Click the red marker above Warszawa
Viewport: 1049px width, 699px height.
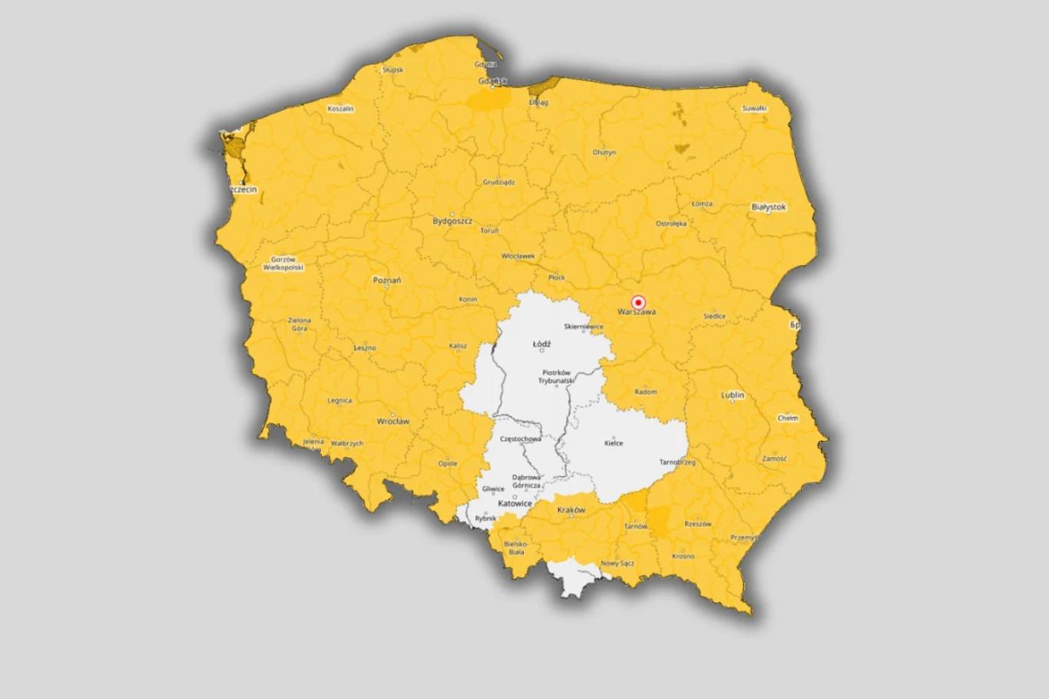(x=637, y=303)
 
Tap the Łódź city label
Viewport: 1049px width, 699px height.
(x=541, y=344)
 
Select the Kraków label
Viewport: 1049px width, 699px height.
(x=571, y=510)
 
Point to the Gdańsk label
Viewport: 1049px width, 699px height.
(x=492, y=81)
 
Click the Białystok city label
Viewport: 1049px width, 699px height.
(x=768, y=207)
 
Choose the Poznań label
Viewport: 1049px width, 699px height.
(x=387, y=280)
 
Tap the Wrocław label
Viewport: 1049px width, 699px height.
(x=392, y=421)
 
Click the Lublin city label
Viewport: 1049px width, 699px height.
(x=733, y=395)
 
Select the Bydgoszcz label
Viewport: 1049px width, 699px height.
(x=452, y=221)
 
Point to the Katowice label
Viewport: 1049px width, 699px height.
(x=515, y=504)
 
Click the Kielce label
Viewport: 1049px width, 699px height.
(x=614, y=443)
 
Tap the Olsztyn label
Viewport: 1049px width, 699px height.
(x=604, y=152)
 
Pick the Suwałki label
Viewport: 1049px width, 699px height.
(x=754, y=108)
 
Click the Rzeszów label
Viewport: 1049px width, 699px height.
(x=697, y=524)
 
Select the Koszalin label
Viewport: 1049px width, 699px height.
(x=340, y=109)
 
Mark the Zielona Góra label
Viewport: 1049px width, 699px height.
(x=299, y=324)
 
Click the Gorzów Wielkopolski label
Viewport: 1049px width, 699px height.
(x=283, y=263)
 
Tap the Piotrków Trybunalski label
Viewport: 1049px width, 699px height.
(x=556, y=376)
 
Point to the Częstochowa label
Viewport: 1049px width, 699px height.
(x=520, y=439)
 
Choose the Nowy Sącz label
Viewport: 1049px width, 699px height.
(x=617, y=563)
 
